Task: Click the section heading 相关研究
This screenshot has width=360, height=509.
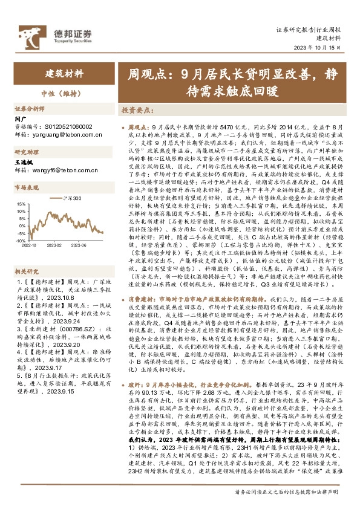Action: (27, 255)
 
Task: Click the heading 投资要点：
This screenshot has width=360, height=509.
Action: (137, 111)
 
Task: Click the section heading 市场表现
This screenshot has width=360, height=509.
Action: (27, 188)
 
